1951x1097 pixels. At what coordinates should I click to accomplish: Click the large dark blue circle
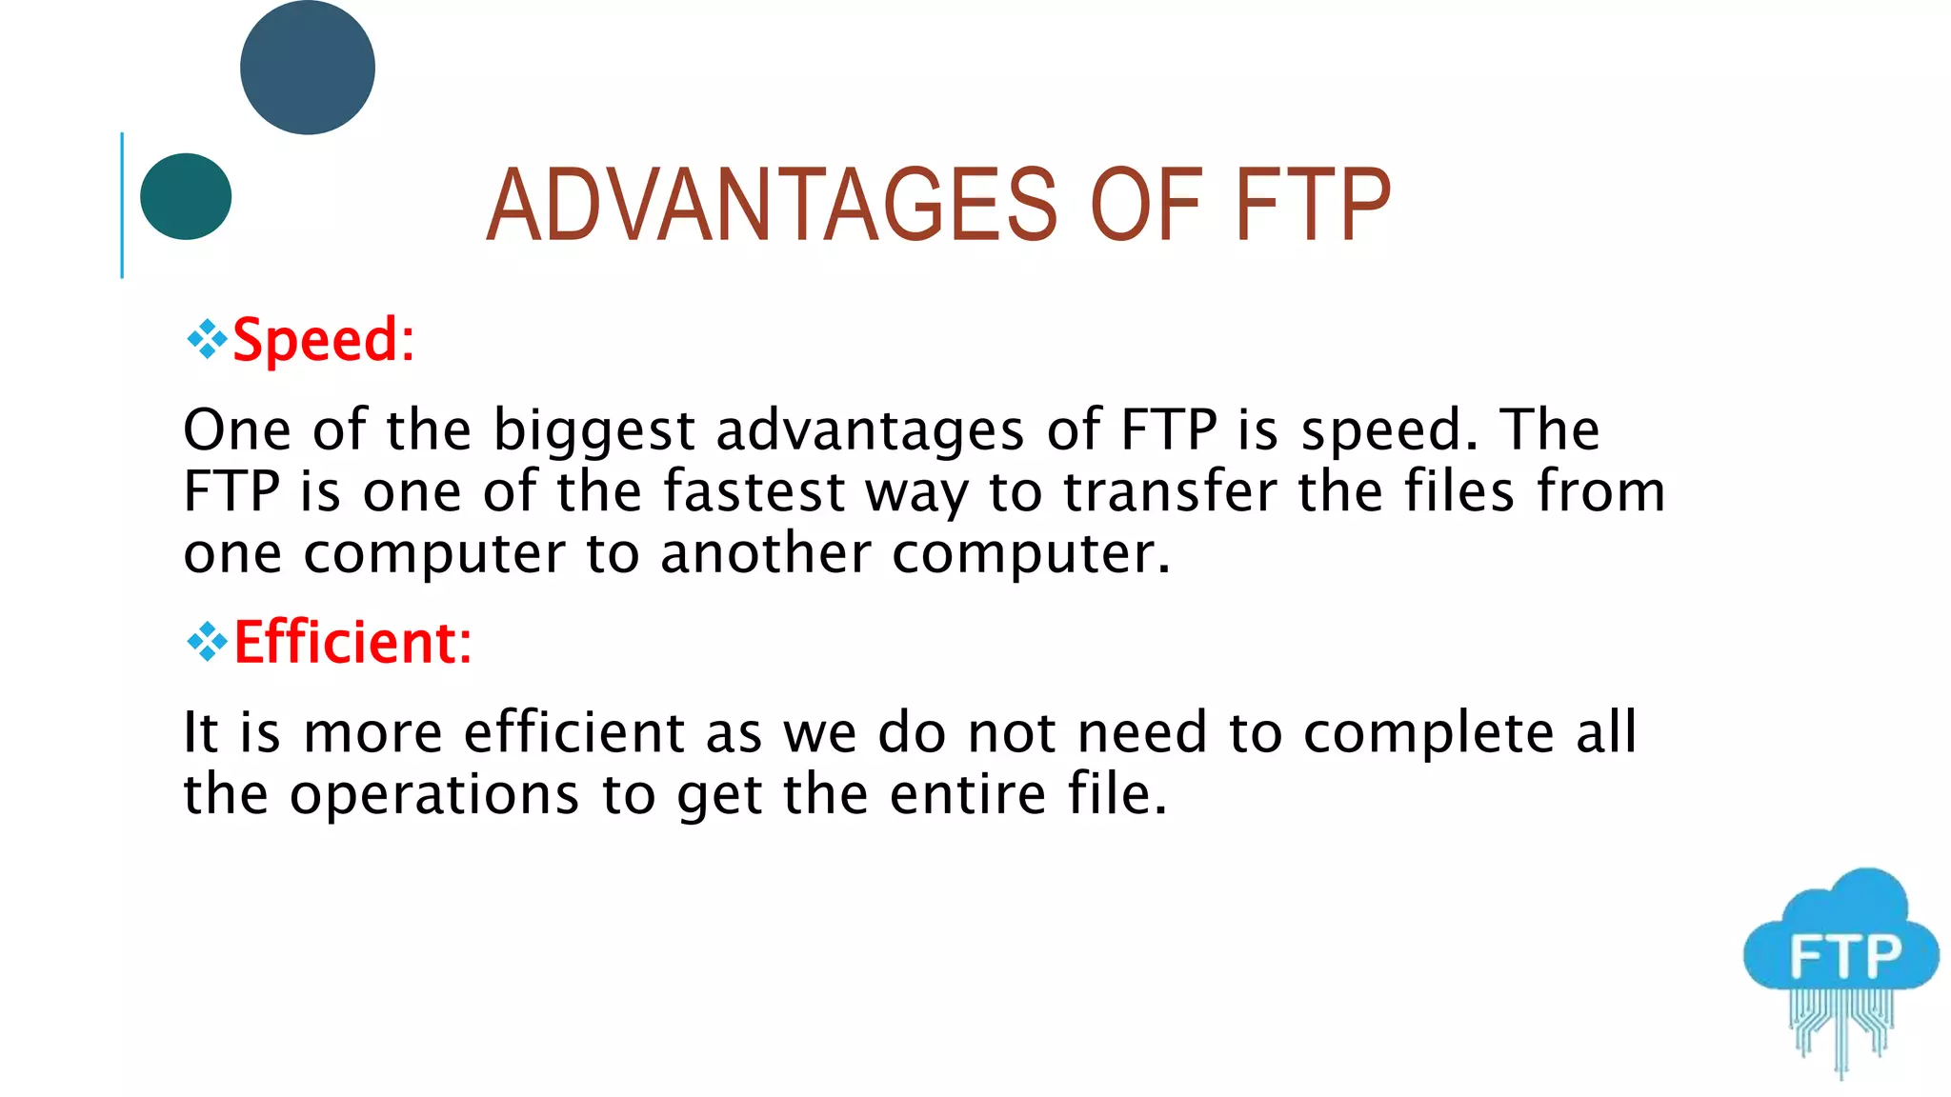[307, 68]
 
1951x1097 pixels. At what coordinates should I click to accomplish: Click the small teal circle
[186, 196]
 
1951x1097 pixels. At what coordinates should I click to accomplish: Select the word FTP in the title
[1313, 205]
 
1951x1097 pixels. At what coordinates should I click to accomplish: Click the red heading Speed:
[324, 340]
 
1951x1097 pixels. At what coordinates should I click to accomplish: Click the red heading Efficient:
[352, 643]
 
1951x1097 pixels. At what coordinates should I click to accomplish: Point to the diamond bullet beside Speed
[207, 339]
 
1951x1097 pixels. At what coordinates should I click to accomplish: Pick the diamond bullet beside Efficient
[207, 642]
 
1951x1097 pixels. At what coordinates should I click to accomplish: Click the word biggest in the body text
[593, 430]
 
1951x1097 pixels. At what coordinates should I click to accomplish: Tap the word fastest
[754, 492]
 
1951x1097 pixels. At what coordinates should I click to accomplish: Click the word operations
[434, 794]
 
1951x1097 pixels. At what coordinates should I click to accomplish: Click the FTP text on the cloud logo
[1844, 956]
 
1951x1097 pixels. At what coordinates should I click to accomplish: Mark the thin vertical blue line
[122, 206]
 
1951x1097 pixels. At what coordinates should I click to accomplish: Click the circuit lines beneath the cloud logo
[1840, 1028]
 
